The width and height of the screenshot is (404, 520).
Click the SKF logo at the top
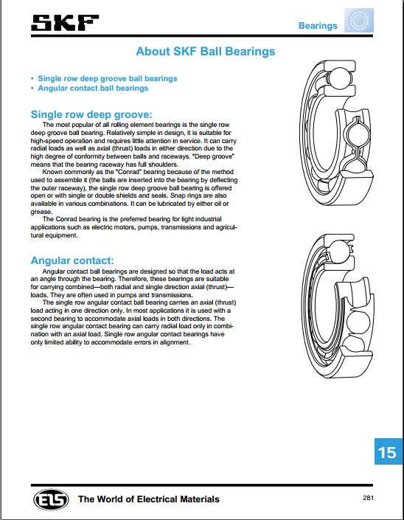[65, 23]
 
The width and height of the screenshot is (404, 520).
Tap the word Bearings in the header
[318, 26]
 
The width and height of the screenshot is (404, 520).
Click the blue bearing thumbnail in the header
[359, 20]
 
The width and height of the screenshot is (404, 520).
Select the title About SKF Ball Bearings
[206, 52]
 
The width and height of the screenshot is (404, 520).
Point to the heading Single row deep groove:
[91, 114]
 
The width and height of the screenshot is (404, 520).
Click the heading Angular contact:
[72, 260]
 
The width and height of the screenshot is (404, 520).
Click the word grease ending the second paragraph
[41, 212]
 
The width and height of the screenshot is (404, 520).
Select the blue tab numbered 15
[389, 451]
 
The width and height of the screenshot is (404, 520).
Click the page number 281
[368, 498]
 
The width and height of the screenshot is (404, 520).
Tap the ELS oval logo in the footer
[51, 499]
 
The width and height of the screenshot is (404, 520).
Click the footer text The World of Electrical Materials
[149, 499]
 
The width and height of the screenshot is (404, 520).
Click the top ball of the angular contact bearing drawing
[338, 251]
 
